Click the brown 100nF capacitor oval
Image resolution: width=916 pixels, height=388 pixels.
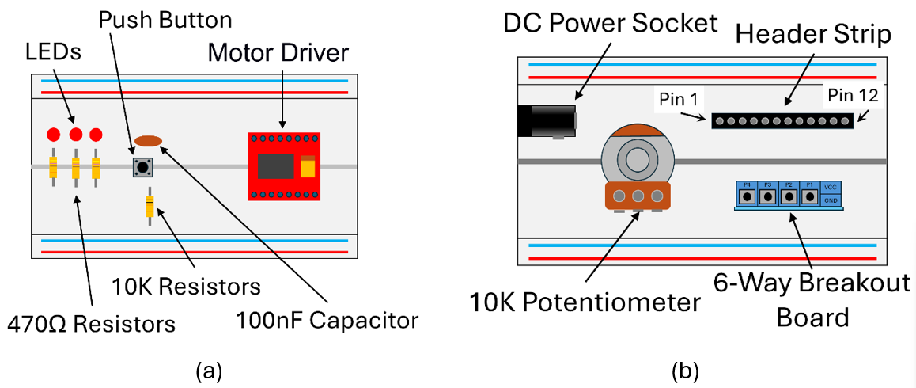[x=148, y=141]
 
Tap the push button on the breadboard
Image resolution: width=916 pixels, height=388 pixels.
[x=142, y=166]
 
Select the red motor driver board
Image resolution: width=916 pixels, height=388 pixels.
[x=284, y=165]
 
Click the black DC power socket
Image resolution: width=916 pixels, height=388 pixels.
[x=546, y=121]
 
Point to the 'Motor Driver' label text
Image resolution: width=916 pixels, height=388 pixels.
[x=278, y=54]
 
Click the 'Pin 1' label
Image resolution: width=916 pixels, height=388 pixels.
[x=677, y=101]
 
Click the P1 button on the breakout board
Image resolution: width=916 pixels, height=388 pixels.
[x=809, y=194]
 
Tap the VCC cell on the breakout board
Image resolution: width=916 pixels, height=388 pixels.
[x=831, y=188]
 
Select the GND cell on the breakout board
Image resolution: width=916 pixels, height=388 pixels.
[x=831, y=201]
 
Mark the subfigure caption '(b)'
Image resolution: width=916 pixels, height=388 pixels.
[x=685, y=370]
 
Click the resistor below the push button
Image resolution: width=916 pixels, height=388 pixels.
[x=150, y=206]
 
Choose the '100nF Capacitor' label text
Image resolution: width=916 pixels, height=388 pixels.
[x=327, y=321]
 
